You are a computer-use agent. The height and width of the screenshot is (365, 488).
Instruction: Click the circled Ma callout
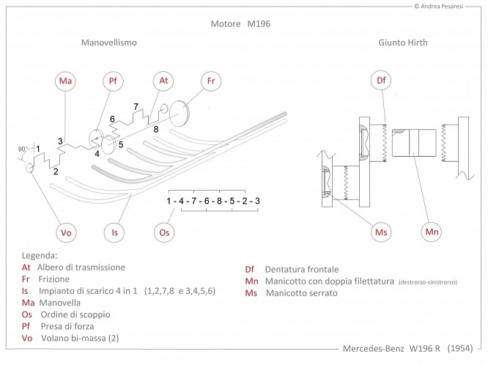65,81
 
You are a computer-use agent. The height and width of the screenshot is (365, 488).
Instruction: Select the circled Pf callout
113,81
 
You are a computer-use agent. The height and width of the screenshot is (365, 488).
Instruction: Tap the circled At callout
163,81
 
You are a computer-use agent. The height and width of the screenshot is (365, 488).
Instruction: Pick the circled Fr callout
211,81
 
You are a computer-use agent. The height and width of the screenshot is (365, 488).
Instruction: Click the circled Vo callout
66,232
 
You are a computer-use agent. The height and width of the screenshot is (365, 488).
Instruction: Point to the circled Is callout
114,232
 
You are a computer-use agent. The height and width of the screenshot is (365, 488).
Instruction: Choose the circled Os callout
164,232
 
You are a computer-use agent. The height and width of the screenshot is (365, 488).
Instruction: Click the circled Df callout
381,81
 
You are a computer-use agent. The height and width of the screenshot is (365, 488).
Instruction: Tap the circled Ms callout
381,232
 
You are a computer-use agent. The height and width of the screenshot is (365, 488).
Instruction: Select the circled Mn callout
432,232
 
